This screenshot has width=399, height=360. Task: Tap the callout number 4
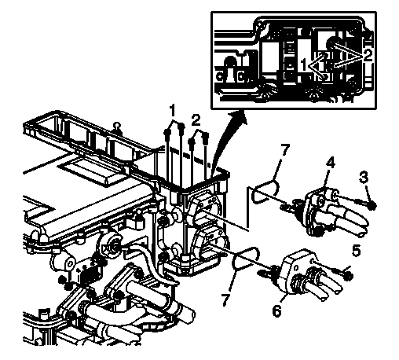click(x=330, y=163)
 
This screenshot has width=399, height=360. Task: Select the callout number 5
click(x=356, y=251)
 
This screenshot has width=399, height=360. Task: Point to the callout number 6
click(x=276, y=310)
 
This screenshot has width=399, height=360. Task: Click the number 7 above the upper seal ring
click(x=284, y=151)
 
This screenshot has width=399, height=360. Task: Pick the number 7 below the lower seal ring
click(x=227, y=299)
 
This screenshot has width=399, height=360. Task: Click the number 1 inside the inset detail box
click(x=303, y=64)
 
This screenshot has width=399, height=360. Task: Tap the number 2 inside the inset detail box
click(x=368, y=55)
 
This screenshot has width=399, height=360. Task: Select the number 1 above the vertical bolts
click(x=172, y=111)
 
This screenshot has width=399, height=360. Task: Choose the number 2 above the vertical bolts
click(x=196, y=120)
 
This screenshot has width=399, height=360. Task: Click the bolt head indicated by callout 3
click(x=372, y=205)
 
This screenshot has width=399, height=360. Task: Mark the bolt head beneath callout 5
click(x=350, y=276)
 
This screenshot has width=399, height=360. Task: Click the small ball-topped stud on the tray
click(x=118, y=126)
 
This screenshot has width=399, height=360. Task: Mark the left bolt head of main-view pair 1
click(x=167, y=133)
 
